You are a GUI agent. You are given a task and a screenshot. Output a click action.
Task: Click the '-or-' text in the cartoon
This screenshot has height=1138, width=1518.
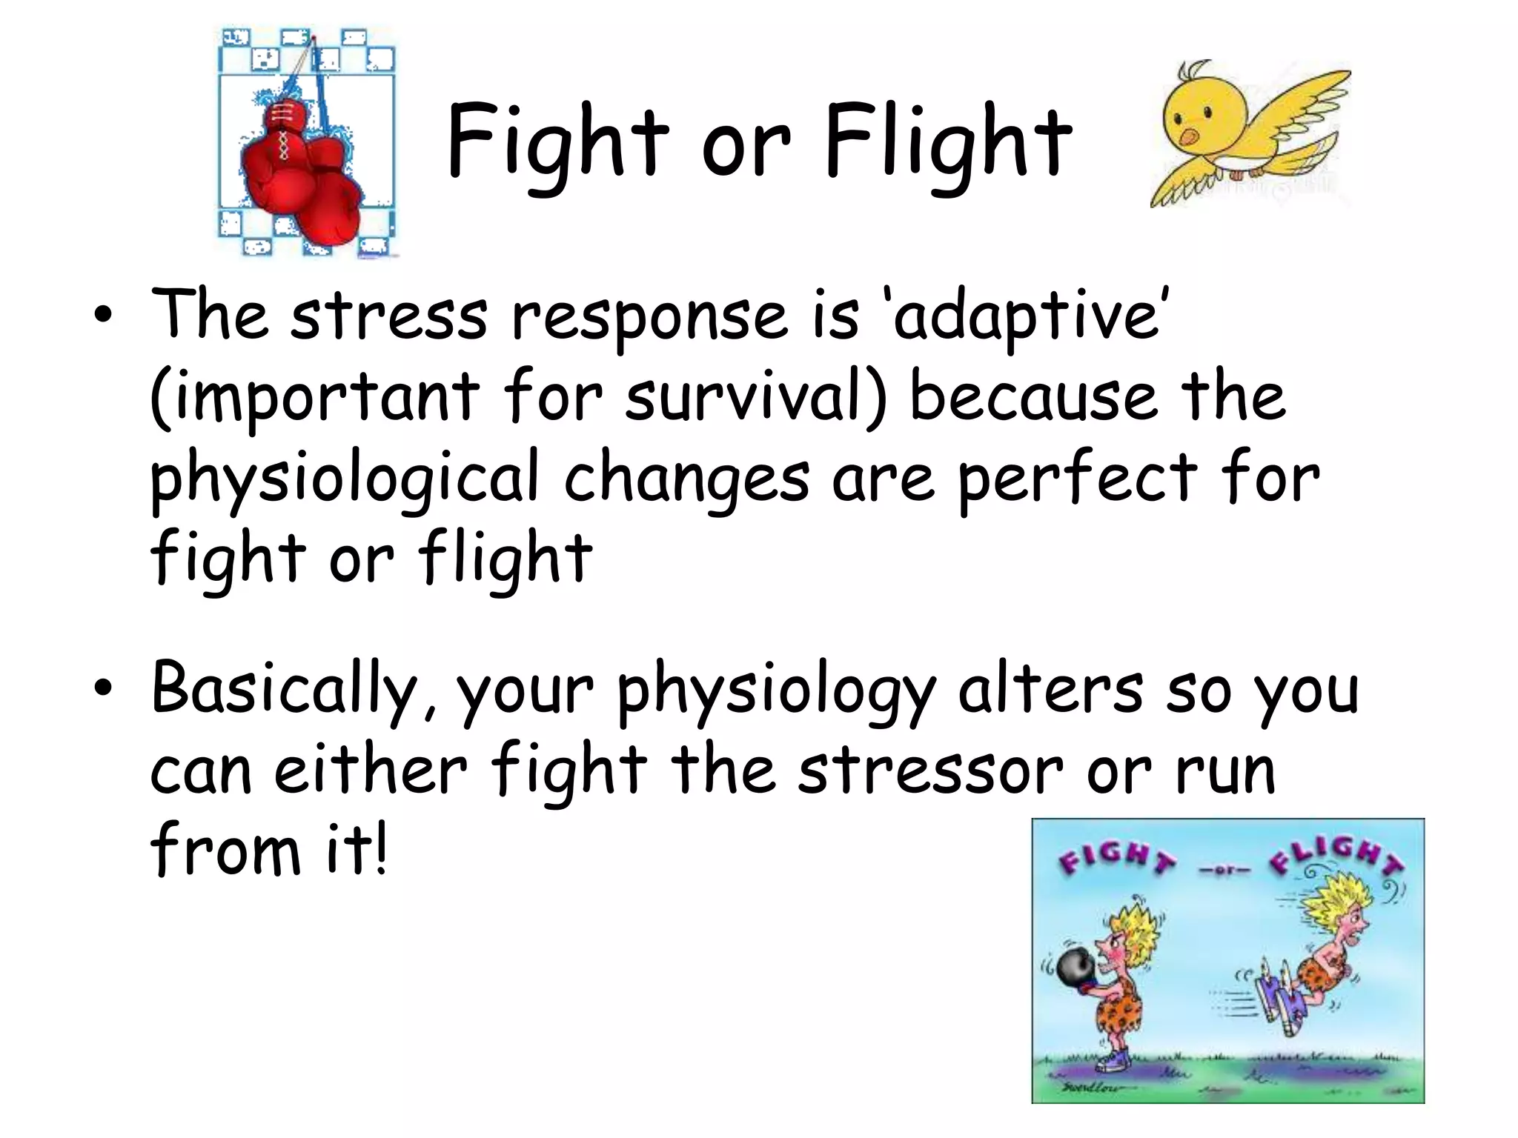[1224, 870]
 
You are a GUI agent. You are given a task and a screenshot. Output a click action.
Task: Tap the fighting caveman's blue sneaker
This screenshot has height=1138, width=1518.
[1111, 1063]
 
